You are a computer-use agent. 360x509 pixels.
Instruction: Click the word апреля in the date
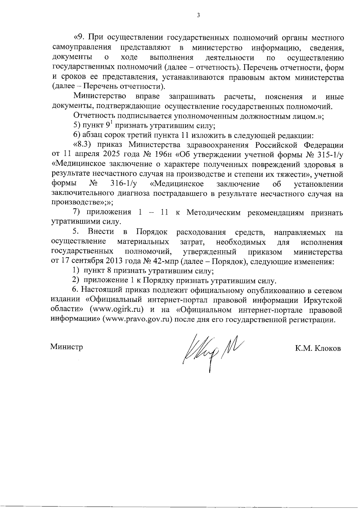(x=83, y=154)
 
